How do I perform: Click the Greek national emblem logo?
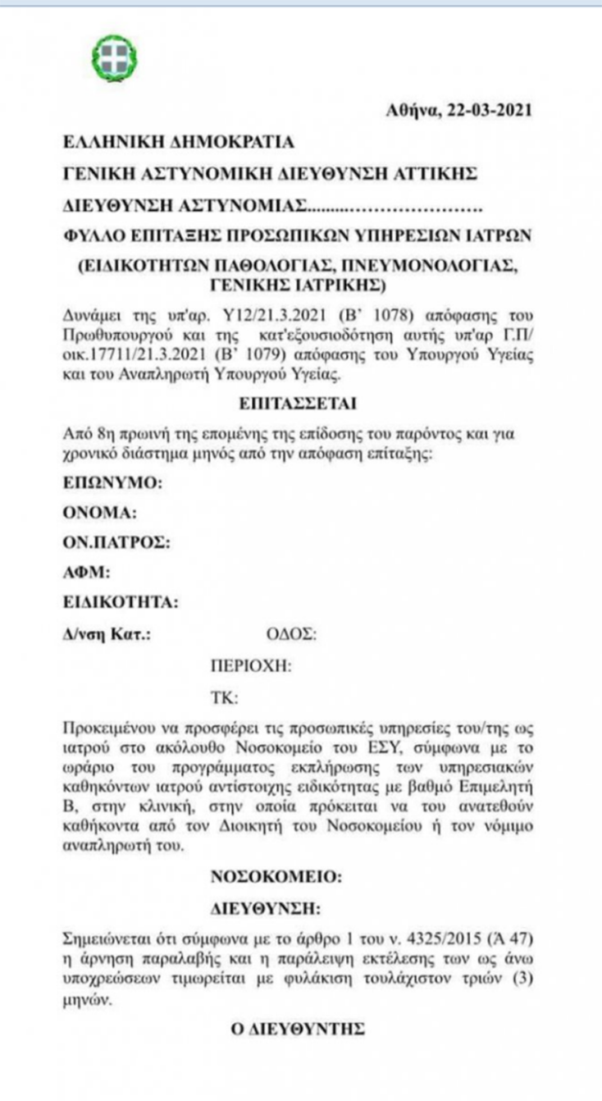pyautogui.click(x=114, y=57)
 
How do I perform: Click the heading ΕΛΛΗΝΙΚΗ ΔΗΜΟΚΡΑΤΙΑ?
pyautogui.click(x=179, y=142)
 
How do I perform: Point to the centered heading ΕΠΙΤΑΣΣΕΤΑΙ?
pyautogui.click(x=298, y=404)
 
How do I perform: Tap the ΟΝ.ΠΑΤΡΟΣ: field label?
pyautogui.click(x=117, y=542)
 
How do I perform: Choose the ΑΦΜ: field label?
pyautogui.click(x=87, y=573)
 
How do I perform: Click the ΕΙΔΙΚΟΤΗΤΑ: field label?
pyautogui.click(x=121, y=603)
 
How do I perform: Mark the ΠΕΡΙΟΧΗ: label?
pyautogui.click(x=251, y=665)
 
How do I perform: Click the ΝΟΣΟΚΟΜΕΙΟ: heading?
pyautogui.click(x=276, y=876)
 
